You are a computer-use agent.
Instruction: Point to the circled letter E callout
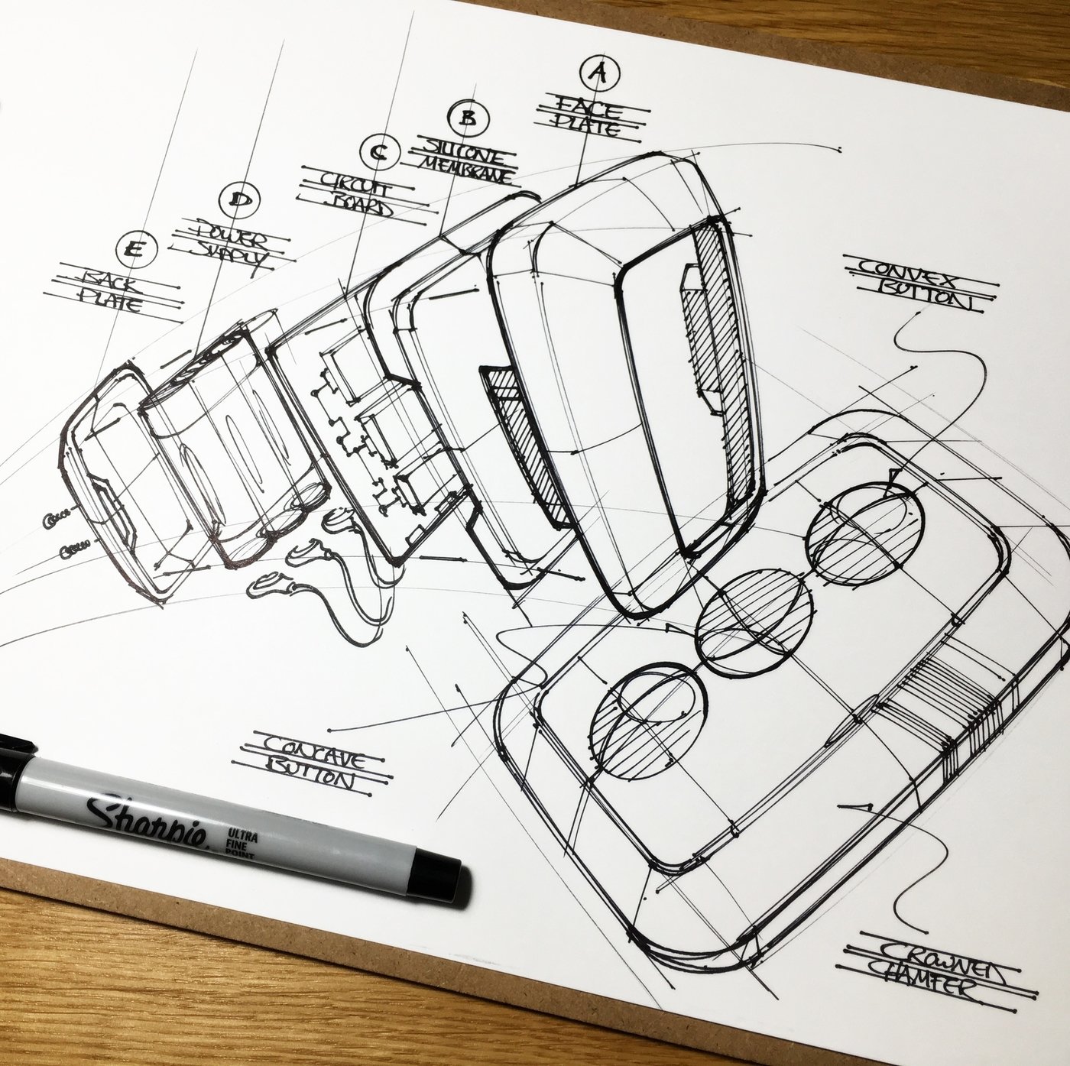pos(136,248)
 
